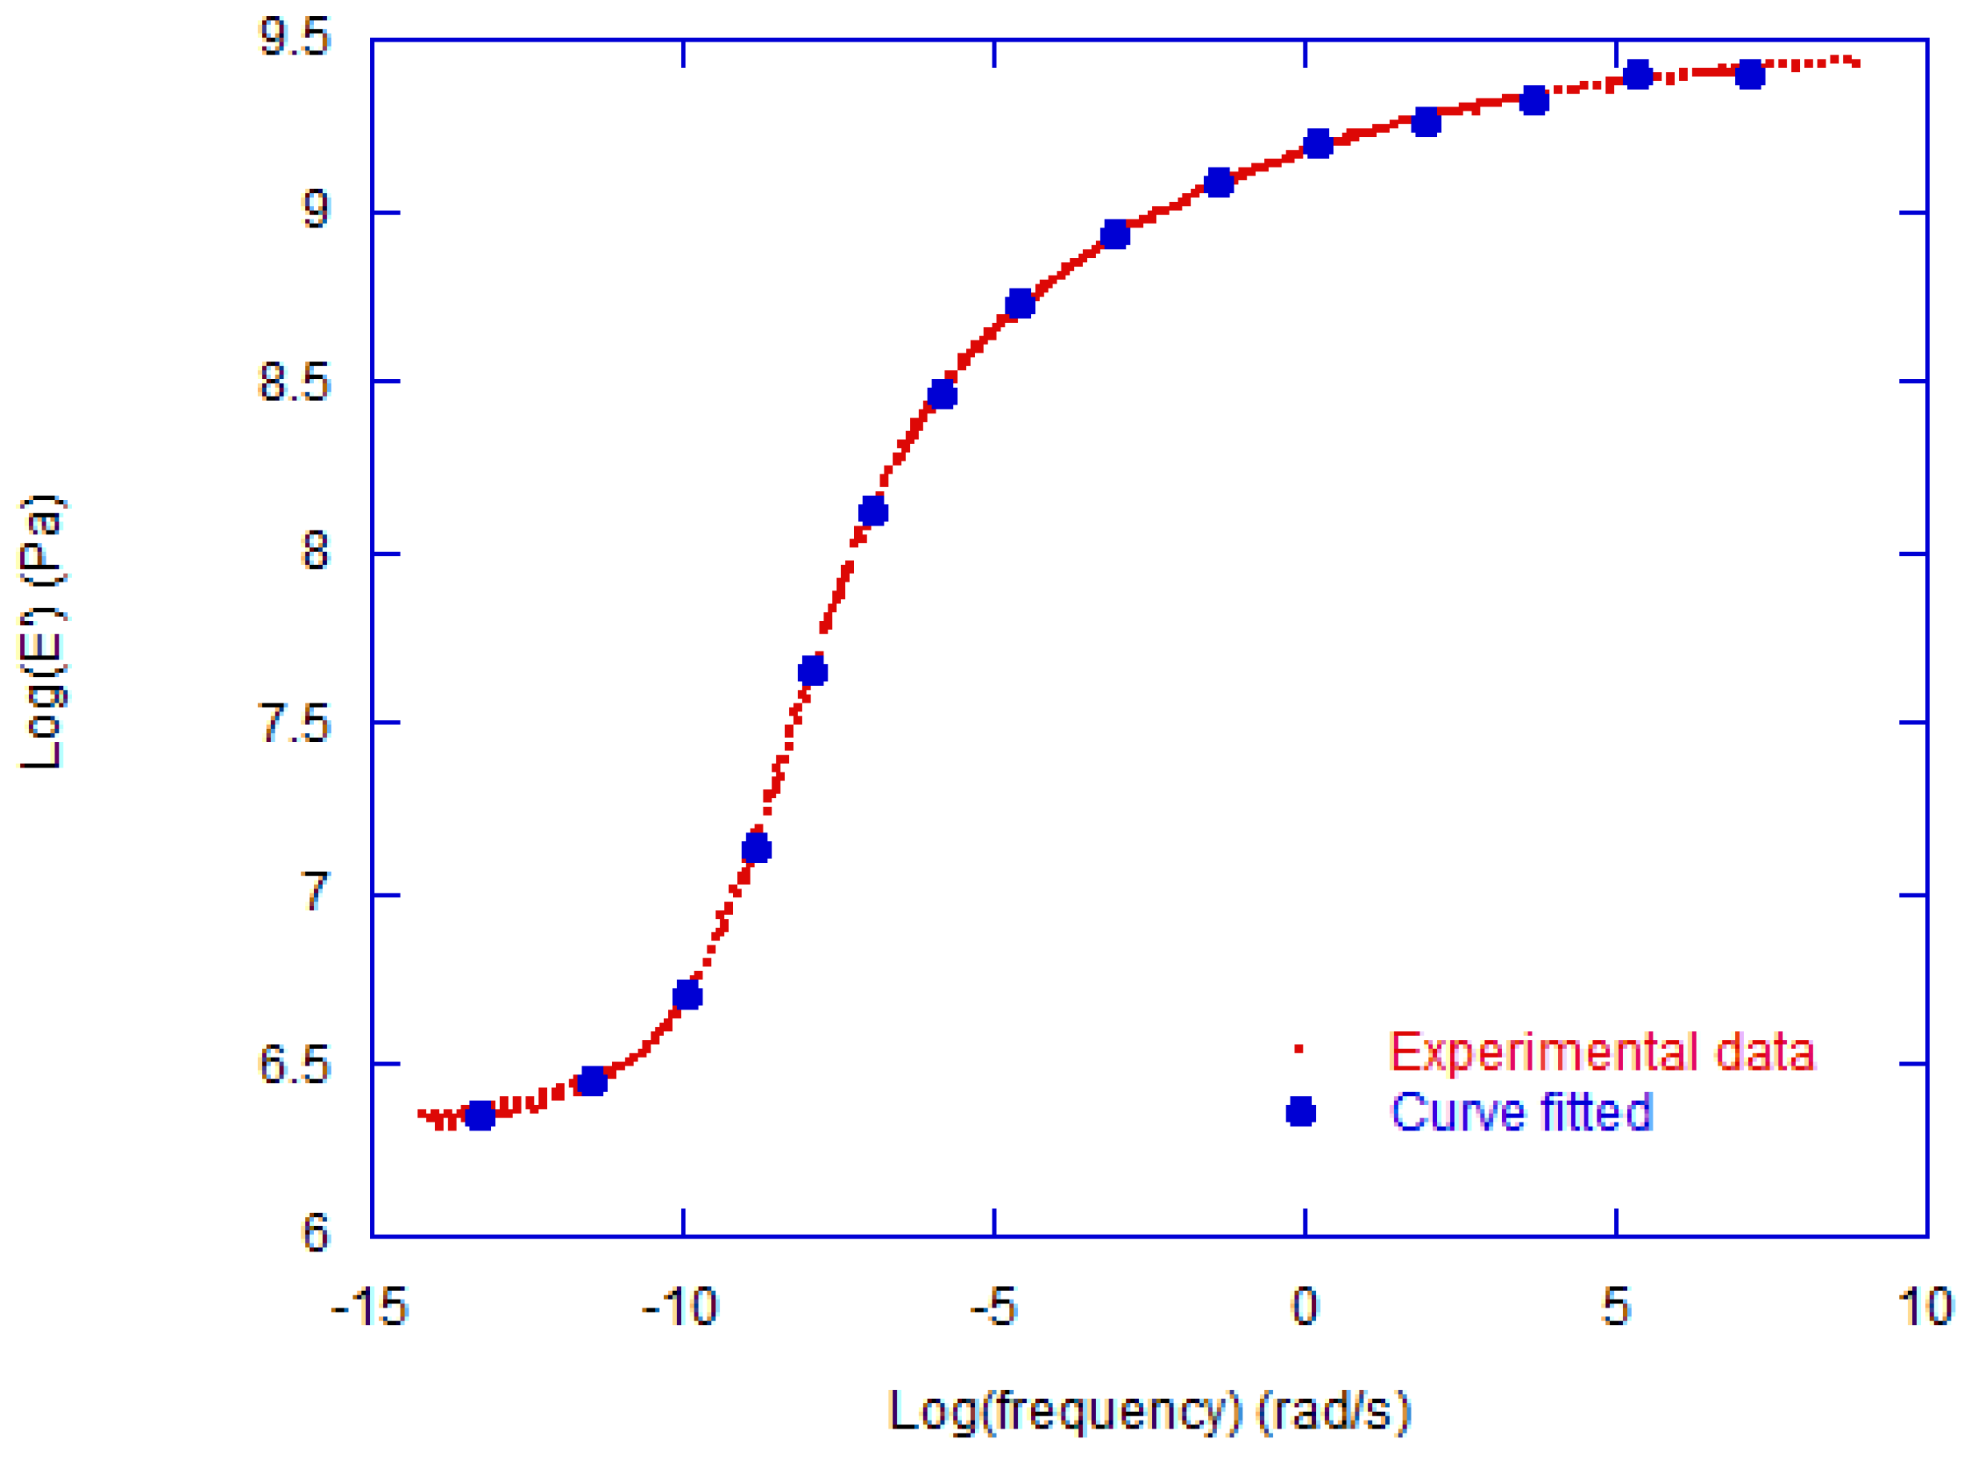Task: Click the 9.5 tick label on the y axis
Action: (294, 39)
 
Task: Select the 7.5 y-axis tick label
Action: (294, 724)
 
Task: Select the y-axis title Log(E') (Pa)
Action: (42, 632)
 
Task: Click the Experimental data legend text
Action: (1601, 1052)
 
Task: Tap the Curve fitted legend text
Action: (1520, 1112)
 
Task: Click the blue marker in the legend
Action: (1301, 1112)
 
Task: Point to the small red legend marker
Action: (1299, 1050)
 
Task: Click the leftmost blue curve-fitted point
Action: (480, 1115)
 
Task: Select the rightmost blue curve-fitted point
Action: (1750, 76)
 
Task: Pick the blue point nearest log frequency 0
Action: (1318, 144)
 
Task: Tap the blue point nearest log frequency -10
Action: (687, 996)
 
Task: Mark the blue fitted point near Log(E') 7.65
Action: (812, 673)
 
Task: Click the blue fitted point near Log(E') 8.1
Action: (872, 511)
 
